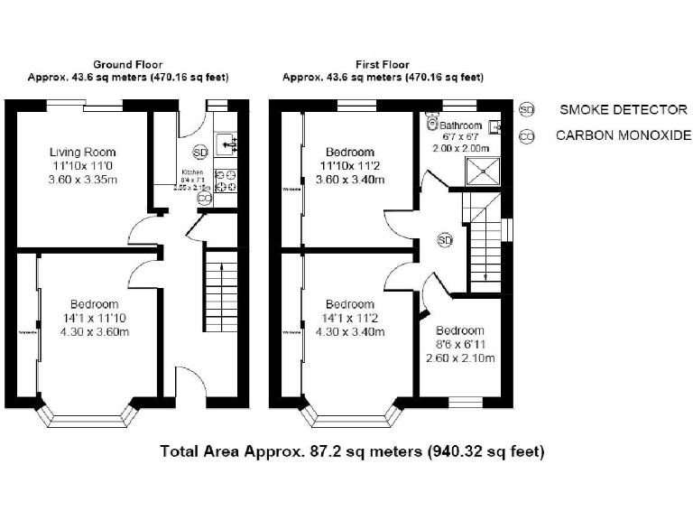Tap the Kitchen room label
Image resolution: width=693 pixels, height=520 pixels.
click(x=193, y=172)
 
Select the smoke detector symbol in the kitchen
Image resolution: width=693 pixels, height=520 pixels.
click(x=200, y=151)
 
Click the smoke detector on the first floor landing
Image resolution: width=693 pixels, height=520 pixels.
click(x=445, y=239)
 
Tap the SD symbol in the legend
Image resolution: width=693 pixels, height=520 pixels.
click(x=527, y=109)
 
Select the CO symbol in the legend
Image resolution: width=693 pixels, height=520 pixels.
click(x=527, y=136)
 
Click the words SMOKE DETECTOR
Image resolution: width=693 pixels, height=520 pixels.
click(x=623, y=110)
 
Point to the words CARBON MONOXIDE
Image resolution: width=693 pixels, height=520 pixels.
click(x=623, y=136)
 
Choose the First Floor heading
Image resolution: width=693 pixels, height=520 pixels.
click(x=383, y=65)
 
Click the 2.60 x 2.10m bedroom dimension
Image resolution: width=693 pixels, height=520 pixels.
click(x=460, y=357)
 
